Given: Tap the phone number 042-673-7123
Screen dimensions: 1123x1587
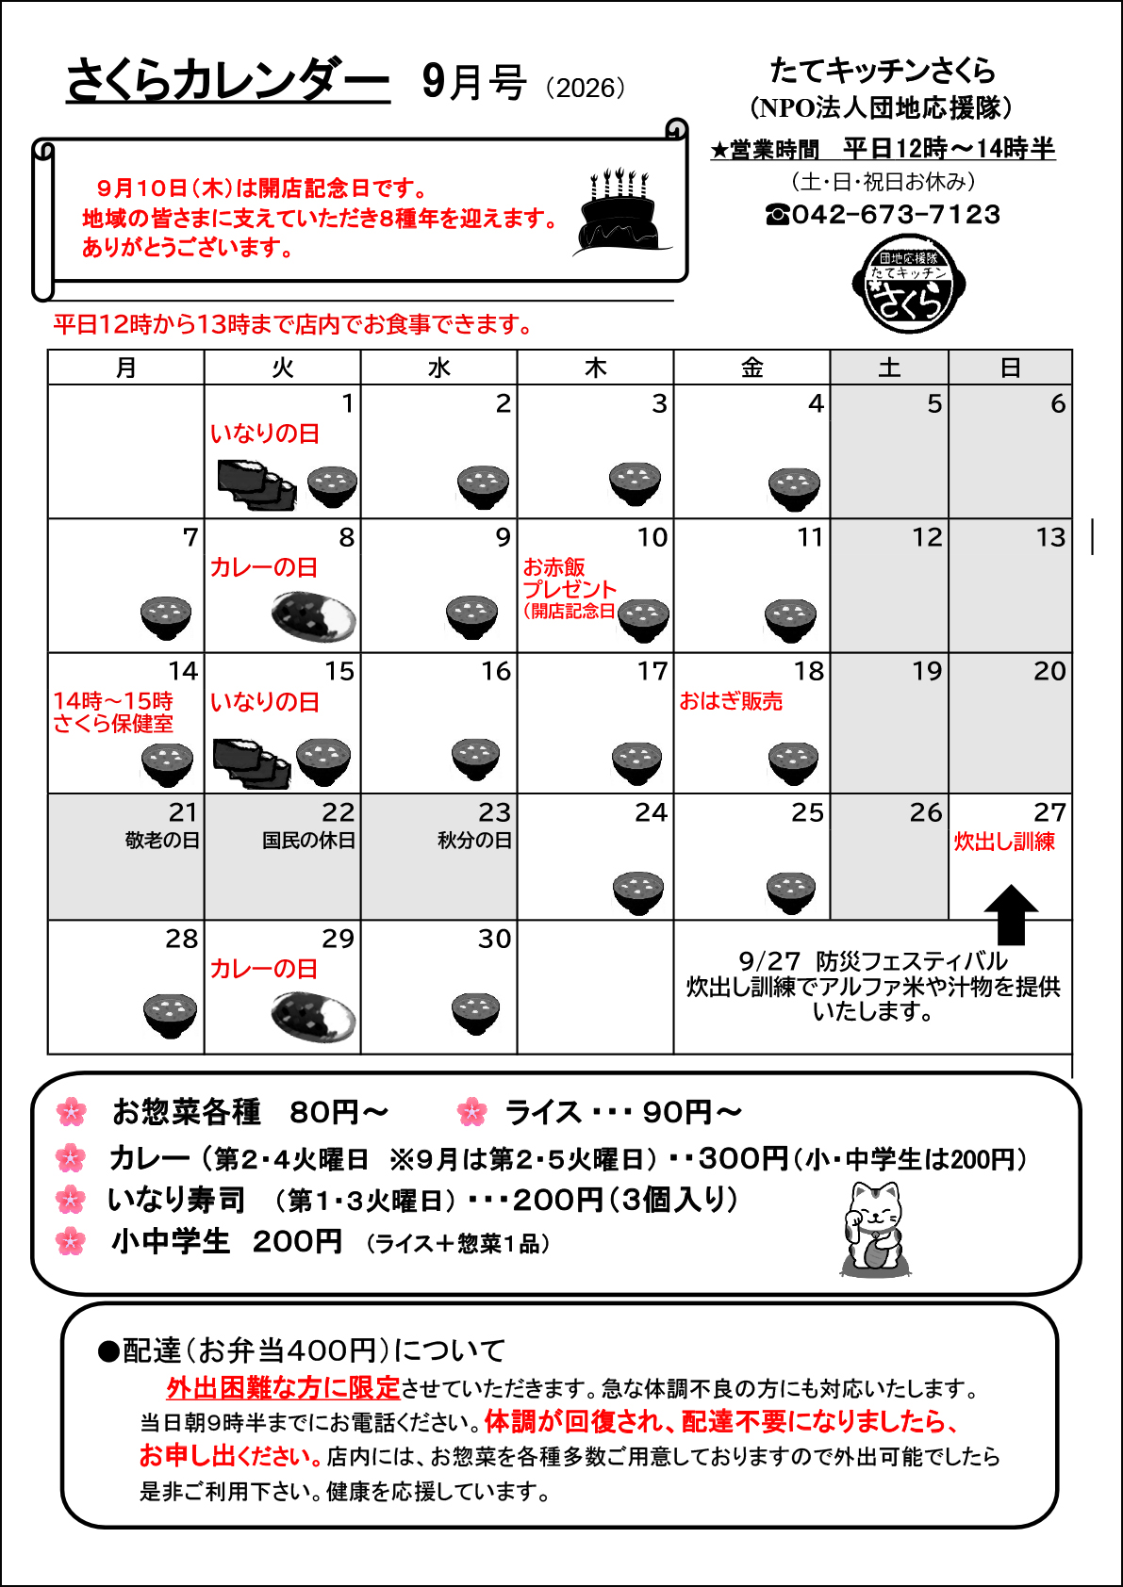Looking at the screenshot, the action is tap(896, 214).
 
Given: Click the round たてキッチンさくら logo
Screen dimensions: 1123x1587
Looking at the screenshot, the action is tap(908, 284).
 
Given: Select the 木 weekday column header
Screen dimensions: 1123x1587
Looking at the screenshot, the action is tap(595, 368).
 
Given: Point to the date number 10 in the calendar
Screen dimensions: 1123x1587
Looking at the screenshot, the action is tap(652, 537).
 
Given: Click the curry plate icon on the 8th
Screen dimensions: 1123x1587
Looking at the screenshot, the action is tap(313, 617).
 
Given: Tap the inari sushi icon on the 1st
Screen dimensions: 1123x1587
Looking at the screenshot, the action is tap(256, 485).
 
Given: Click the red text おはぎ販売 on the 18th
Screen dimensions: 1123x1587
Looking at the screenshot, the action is tap(731, 701).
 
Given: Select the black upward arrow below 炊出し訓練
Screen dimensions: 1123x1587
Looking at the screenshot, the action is tap(1011, 915).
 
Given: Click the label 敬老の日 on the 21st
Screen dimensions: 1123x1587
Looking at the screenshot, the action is tap(162, 841).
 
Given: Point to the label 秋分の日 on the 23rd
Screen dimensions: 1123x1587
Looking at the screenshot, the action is tap(474, 841).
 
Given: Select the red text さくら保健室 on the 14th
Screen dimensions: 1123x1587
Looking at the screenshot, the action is tap(113, 724).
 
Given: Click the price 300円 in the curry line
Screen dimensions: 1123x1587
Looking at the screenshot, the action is tap(743, 1159).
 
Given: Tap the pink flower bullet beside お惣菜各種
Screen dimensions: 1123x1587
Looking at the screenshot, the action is tap(72, 1112).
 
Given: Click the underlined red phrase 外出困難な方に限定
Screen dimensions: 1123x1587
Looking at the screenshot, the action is tap(284, 1388).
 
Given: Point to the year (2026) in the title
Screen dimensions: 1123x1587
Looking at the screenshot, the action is tap(586, 88).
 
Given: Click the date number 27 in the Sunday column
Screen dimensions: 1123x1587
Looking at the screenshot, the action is tap(1049, 812).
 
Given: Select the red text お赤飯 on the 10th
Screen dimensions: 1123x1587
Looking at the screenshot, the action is tap(553, 566).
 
